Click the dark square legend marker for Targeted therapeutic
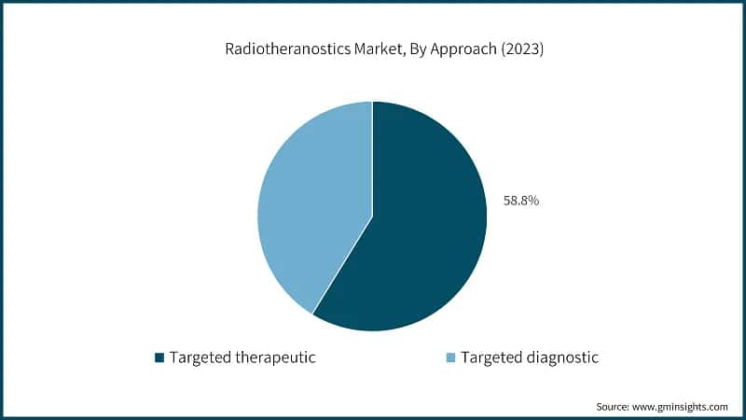[159, 357]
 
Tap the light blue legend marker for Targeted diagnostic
[450, 357]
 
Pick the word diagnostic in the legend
[562, 357]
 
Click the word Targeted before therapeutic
[200, 357]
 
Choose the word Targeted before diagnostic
[490, 357]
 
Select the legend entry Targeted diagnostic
[524, 357]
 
